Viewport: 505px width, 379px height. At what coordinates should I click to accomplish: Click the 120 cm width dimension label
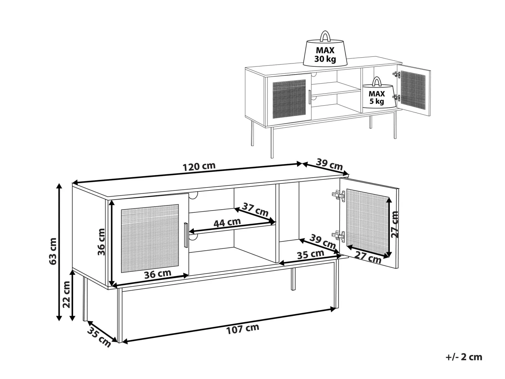(199, 167)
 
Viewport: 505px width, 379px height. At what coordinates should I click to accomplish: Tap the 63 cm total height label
(53, 251)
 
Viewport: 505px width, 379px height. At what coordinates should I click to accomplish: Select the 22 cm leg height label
(66, 294)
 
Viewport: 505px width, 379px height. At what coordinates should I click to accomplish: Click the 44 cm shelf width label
(227, 223)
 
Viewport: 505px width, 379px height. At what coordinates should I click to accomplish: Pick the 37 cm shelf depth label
(255, 210)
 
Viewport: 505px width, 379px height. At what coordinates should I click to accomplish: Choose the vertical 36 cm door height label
(101, 242)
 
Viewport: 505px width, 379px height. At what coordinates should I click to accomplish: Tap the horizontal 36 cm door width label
(158, 274)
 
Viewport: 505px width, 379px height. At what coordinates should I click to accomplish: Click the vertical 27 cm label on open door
(395, 224)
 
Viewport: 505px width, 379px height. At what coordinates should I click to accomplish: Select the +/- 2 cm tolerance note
(464, 357)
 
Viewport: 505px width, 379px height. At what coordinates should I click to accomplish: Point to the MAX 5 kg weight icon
(376, 94)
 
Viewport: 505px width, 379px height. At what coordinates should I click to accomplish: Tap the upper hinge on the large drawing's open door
(338, 196)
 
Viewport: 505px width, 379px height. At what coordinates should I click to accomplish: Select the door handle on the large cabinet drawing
(186, 235)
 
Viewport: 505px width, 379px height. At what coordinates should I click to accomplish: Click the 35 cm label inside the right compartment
(310, 254)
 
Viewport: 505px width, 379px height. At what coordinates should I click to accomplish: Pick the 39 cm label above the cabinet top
(330, 164)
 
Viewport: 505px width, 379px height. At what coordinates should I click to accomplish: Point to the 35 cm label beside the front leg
(99, 337)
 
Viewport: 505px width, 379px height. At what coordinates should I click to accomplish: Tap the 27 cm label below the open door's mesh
(368, 257)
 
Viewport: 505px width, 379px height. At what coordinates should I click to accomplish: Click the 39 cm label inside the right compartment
(322, 241)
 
